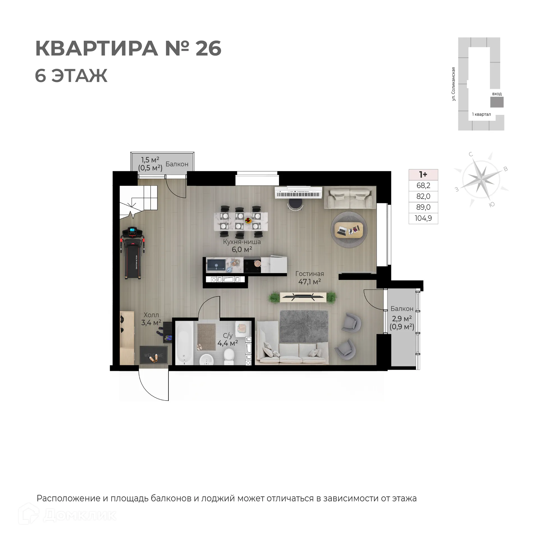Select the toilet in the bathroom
point(229,356)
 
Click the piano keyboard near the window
point(298,194)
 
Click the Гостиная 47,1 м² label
point(309,278)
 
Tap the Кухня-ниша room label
point(242,242)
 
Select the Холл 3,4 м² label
point(151,319)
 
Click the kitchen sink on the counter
point(216,265)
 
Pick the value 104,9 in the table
point(423,218)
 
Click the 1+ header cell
point(423,175)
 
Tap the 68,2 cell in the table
point(423,186)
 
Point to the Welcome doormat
point(154,355)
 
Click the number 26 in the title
point(208,48)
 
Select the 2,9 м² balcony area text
point(402,319)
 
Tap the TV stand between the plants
point(303,297)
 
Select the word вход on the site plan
point(497,94)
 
